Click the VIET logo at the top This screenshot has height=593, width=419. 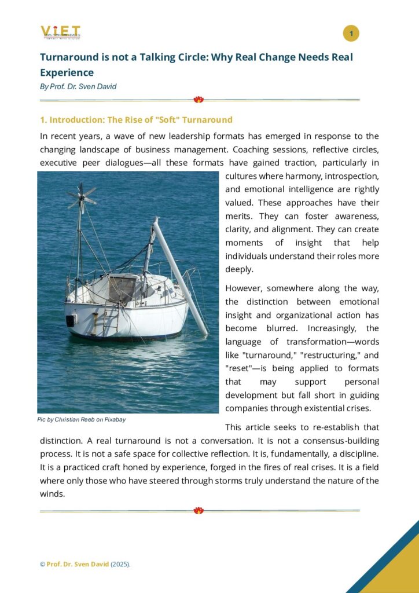pos(60,32)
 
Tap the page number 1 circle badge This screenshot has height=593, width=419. pos(351,34)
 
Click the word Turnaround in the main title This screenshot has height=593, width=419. pos(67,57)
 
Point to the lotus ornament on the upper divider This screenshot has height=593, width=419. pos(199,100)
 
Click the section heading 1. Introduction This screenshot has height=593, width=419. pos(136,120)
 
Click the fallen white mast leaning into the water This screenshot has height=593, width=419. pos(179,275)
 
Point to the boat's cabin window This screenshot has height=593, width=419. pos(122,288)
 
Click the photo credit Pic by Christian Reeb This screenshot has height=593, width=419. pos(82,419)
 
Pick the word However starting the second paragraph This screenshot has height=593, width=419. pos(244,288)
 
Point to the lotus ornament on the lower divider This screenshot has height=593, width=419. pos(199,510)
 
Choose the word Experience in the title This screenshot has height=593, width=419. pos(67,72)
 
